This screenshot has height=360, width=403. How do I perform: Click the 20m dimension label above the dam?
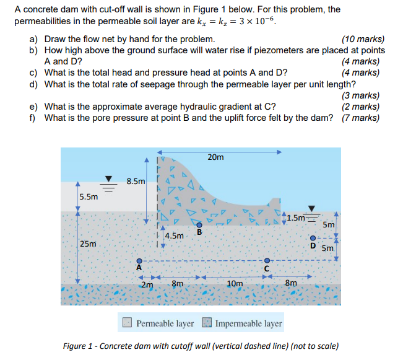pos(216,157)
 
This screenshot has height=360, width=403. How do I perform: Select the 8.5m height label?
pos(136,182)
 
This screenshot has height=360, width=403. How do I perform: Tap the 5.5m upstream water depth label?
pos(89,197)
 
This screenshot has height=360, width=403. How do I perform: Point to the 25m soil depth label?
pos(89,244)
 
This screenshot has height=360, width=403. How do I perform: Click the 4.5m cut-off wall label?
pos(174,236)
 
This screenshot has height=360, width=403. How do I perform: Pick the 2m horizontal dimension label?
pos(147,284)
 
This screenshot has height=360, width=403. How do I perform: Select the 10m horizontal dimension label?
pos(235,284)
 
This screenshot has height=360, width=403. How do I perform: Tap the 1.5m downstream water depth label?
pos(296,217)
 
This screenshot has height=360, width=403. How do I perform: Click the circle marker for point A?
pos(140,260)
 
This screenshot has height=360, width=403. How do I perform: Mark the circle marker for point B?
pos(199,224)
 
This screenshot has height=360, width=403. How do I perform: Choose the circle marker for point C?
pos(267,260)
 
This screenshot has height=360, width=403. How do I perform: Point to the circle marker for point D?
pos(313,238)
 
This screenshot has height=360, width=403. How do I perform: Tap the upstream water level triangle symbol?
pos(110,178)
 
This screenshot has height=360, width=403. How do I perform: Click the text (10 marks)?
pos(363,40)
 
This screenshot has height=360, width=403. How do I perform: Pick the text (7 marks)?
pos(360,118)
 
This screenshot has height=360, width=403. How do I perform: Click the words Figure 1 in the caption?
pos(80,346)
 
